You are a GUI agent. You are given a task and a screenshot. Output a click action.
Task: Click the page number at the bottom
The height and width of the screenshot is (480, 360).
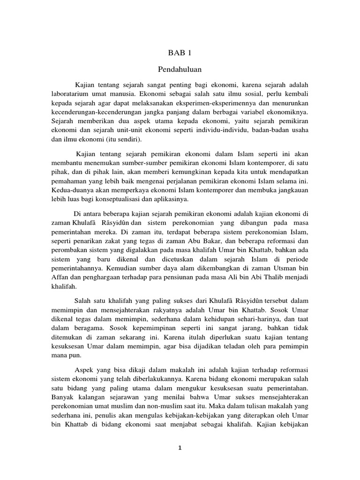(180, 448)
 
